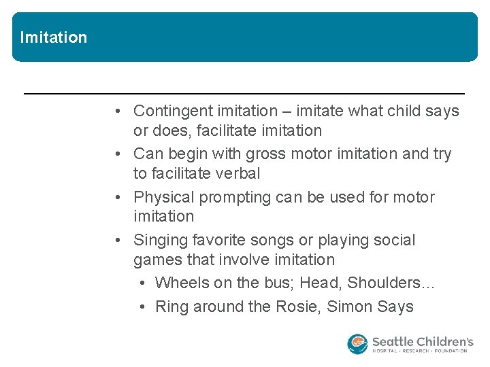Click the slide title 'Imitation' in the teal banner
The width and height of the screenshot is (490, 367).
tap(54, 37)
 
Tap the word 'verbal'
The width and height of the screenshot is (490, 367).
tap(237, 173)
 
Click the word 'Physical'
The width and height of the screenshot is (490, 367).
tap(162, 197)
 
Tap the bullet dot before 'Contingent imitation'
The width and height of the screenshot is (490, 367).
tap(118, 111)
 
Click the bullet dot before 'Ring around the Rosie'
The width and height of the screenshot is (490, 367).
tap(141, 307)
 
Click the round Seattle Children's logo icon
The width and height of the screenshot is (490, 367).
tap(357, 344)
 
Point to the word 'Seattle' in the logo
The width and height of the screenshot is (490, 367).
tap(394, 340)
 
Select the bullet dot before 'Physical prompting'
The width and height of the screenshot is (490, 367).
tap(118, 197)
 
